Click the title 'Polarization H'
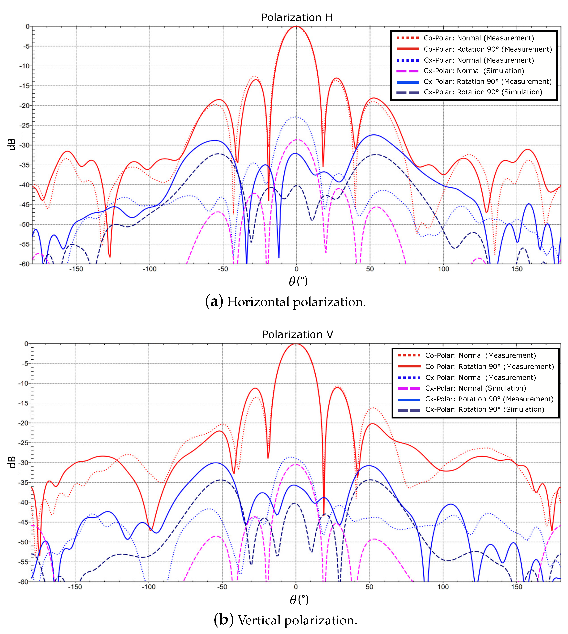click(297, 17)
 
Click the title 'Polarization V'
click(297, 335)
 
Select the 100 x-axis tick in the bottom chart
click(443, 587)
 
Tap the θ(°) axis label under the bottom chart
click(299, 600)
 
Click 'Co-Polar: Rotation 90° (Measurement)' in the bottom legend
click(489, 366)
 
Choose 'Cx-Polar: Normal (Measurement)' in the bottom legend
click(480, 377)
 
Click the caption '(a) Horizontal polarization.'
click(285, 302)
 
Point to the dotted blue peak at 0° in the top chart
click(296, 117)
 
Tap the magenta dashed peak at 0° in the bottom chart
click(296, 464)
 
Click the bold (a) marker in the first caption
click(214, 302)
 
